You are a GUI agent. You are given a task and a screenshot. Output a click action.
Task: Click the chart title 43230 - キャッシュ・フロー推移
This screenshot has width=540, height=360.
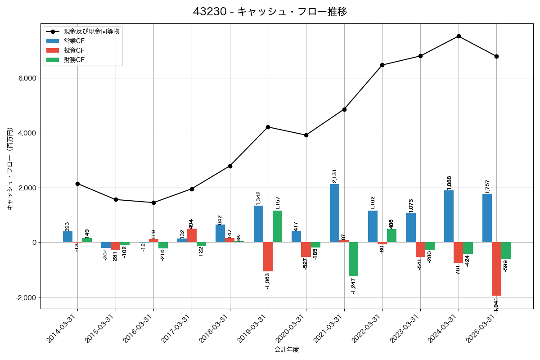coord(270,12)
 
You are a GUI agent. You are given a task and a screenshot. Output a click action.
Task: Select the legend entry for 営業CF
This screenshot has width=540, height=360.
coord(74,41)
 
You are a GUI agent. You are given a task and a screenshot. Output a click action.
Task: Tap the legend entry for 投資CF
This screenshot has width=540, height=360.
coord(74,50)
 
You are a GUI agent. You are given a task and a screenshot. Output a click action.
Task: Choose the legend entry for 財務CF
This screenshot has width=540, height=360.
coord(74,60)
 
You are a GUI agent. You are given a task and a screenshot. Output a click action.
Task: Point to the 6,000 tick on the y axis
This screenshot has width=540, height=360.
coord(27,78)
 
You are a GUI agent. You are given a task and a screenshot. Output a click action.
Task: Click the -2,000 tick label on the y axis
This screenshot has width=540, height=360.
coord(26,297)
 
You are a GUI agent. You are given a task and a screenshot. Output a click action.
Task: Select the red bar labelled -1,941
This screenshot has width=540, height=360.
coord(496,269)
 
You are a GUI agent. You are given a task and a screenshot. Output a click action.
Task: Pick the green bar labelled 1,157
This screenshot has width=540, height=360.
coord(277,226)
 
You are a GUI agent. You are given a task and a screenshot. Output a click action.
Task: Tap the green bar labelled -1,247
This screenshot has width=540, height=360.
coord(353,259)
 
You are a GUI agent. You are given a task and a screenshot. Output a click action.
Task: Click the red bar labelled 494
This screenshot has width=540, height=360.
coord(192,235)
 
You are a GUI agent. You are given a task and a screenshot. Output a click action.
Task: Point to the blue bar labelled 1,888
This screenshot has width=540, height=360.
coord(449,216)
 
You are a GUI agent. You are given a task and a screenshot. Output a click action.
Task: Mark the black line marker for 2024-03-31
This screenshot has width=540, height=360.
coord(459,36)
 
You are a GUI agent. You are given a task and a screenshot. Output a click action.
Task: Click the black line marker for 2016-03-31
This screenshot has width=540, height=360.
coord(154,202)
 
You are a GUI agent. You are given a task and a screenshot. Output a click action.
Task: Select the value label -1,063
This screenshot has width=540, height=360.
coord(268,281)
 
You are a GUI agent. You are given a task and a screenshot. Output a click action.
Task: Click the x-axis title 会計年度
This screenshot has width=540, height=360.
coord(287,350)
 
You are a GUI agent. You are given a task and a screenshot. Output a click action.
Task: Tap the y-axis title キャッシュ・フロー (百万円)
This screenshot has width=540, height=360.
coord(10,169)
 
